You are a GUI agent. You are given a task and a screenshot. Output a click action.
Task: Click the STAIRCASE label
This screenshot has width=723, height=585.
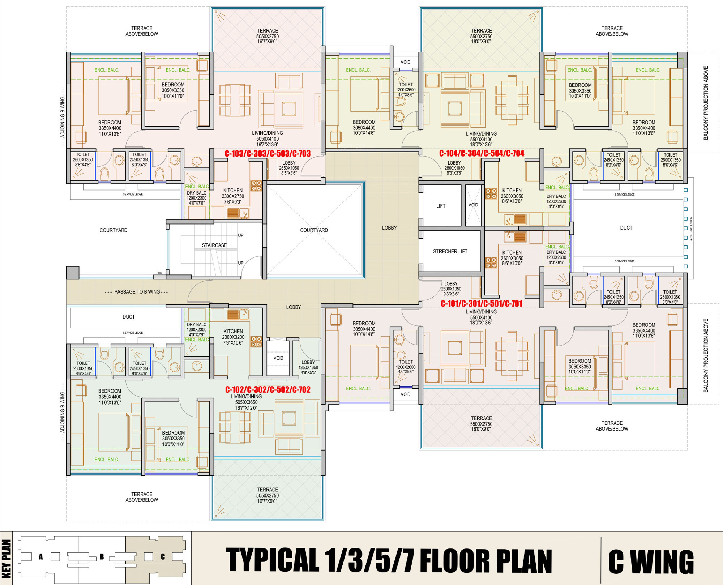(214, 245)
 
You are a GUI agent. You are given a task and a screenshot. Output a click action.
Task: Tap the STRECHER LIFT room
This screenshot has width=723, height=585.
(450, 251)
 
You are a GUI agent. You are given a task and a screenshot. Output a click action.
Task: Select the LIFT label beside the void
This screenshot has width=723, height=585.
(441, 206)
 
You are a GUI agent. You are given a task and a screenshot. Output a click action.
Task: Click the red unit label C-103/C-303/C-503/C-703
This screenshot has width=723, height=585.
(268, 154)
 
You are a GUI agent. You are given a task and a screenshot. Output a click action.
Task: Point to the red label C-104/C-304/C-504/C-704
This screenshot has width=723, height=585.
(482, 153)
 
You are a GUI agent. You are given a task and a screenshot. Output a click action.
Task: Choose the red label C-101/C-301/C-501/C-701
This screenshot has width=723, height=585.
(482, 304)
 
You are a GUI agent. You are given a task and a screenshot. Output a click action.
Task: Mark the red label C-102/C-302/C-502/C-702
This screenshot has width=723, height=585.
(268, 389)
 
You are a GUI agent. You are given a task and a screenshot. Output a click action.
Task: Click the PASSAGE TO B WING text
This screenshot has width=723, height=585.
(137, 292)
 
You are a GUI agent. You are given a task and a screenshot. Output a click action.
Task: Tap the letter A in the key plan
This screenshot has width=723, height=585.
(41, 557)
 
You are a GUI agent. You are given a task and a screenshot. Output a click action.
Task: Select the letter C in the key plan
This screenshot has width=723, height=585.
(163, 557)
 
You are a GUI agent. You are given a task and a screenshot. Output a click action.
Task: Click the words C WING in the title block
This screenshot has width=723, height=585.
(651, 561)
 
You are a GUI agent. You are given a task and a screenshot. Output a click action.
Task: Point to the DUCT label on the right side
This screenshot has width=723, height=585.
(626, 228)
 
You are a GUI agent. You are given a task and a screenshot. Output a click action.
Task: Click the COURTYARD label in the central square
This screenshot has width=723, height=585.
(314, 230)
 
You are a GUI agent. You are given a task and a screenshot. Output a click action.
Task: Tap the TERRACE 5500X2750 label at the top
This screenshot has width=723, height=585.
(481, 36)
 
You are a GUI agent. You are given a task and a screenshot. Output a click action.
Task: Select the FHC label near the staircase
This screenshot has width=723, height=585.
(159, 273)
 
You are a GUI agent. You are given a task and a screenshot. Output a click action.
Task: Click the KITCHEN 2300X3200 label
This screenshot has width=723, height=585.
(233, 337)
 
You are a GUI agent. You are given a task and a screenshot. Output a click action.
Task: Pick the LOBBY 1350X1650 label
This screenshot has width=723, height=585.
(308, 367)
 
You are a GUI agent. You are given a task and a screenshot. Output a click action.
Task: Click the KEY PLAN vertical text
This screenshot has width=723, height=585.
(7, 559)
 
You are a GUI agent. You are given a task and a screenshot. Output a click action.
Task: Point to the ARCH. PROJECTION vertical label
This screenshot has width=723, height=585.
(691, 229)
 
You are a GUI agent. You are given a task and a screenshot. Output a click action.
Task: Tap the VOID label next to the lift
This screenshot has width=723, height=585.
(473, 205)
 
